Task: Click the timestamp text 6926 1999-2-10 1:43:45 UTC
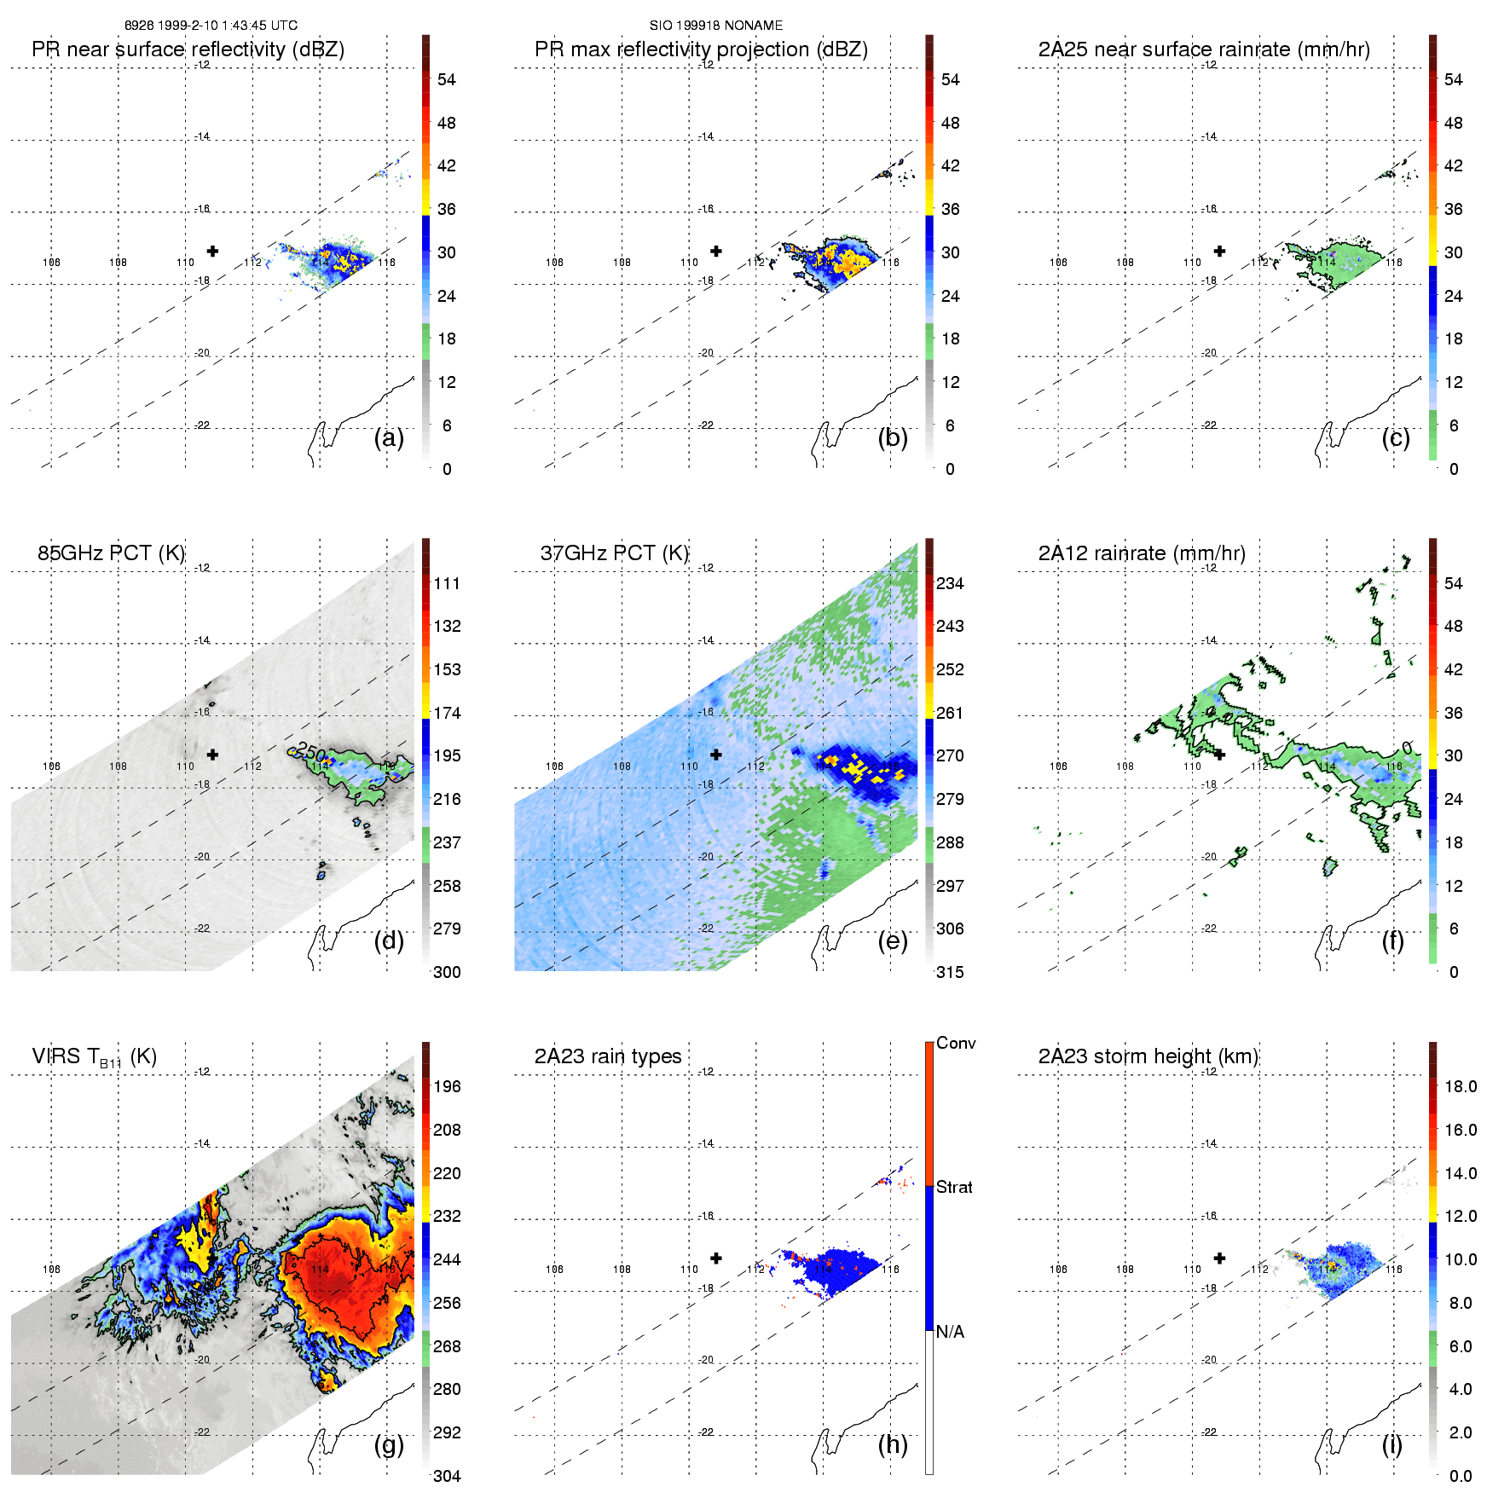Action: [x=211, y=26]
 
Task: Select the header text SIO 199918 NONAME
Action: [x=715, y=26]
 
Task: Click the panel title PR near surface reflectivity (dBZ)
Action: [x=188, y=49]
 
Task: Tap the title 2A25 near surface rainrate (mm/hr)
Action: [x=1204, y=49]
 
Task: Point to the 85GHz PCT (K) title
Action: [x=111, y=553]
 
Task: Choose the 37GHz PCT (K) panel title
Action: [x=614, y=553]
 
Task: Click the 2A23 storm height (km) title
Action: [x=1148, y=1056]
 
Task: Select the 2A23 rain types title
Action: [x=608, y=1056]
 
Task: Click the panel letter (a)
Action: [x=389, y=438]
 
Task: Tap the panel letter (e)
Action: [x=893, y=941]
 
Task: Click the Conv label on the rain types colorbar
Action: [x=956, y=1043]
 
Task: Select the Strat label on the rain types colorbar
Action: [x=954, y=1187]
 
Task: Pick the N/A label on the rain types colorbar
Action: [x=950, y=1332]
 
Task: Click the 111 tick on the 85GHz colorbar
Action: [x=447, y=583]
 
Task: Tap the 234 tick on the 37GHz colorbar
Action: [x=950, y=583]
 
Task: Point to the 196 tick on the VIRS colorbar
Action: [x=447, y=1086]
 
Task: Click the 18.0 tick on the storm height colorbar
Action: [x=1461, y=1086]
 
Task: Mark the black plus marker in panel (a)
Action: [x=212, y=251]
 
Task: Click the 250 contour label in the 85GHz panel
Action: [x=311, y=753]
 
